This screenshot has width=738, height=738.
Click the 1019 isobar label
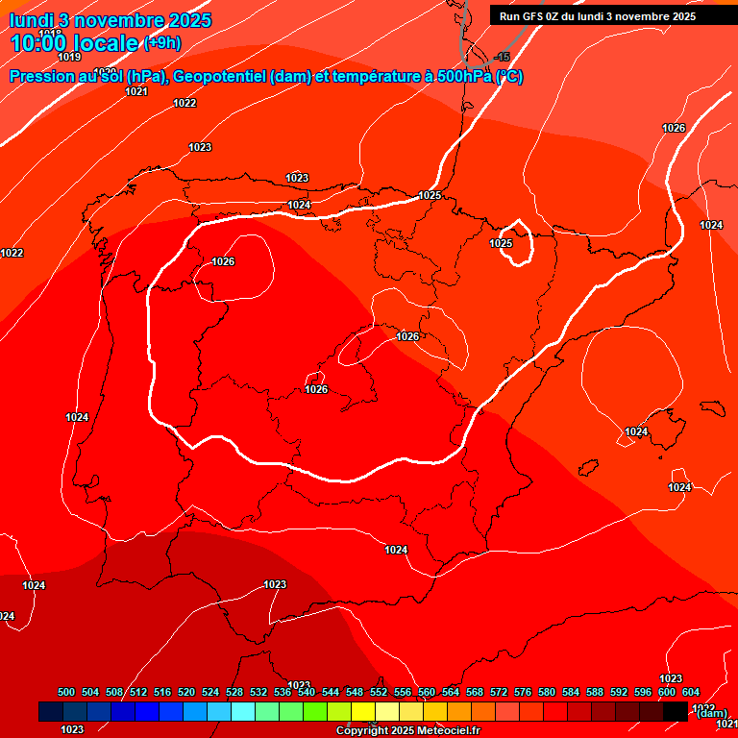pos(68,58)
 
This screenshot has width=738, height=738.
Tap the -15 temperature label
pos(501,58)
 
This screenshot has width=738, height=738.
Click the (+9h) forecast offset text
pos(161,42)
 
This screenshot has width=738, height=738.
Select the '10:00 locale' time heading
pos(74,42)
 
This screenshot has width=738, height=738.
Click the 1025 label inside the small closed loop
pos(501,243)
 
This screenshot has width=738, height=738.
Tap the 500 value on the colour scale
pos(66,692)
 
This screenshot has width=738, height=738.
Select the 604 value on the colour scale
pos(690,692)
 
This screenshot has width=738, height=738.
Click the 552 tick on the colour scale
pos(379,692)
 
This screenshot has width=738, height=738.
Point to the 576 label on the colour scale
pos(523,692)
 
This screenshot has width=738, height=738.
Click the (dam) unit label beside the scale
pos(711,713)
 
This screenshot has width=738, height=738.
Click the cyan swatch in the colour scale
pos(243,711)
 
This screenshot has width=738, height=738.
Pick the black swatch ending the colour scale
pos(676,711)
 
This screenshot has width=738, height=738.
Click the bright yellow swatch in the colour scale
pos(363,711)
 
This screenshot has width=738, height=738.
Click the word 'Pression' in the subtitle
pos(39,77)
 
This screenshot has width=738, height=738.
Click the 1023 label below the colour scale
pos(72,729)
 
